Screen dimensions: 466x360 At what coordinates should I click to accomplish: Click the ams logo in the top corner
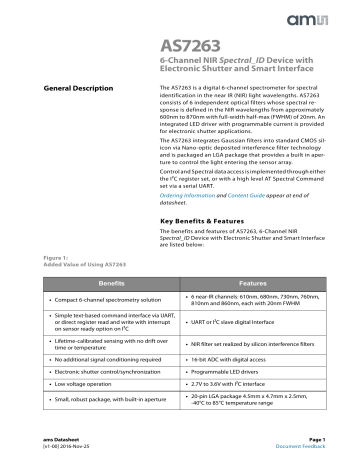[x=323, y=17]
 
